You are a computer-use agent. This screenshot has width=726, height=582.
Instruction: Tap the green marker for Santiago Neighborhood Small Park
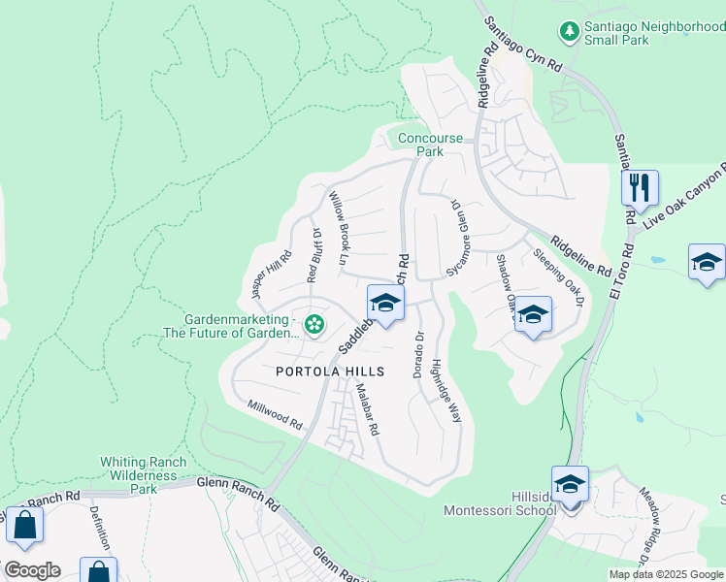tap(570, 32)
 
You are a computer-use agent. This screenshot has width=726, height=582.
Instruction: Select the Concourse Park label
tap(430, 145)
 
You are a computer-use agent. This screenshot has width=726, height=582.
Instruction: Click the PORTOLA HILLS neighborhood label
tap(330, 372)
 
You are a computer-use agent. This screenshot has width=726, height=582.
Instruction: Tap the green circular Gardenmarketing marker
tap(314, 324)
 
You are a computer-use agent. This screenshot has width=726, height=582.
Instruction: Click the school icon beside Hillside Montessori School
tap(570, 483)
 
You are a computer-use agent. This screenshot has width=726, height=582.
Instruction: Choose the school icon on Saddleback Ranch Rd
tap(385, 303)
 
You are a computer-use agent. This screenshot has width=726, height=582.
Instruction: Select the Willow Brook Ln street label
tap(338, 228)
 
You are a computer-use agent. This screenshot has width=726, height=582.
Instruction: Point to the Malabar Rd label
tap(365, 407)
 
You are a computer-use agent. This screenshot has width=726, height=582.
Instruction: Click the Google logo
tap(32, 570)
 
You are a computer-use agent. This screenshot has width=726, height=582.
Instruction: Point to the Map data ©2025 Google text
tap(666, 574)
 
